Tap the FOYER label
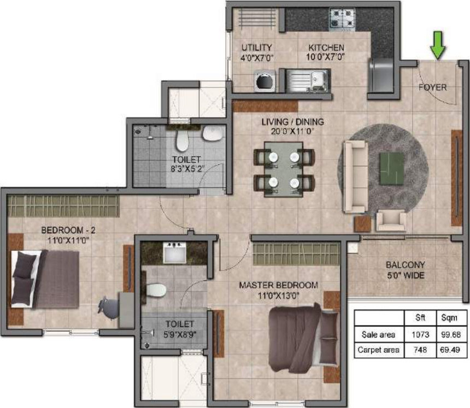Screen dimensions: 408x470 point(432,87)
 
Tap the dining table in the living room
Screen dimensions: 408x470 point(283,169)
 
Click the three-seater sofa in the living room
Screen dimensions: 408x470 point(354,176)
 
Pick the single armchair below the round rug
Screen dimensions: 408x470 point(391,221)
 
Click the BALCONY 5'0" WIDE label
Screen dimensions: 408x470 point(404,270)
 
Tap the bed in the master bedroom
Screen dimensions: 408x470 point(302,338)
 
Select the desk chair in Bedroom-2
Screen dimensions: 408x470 point(109,307)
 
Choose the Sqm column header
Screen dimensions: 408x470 point(451,317)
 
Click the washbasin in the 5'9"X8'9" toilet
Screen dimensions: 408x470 point(174,253)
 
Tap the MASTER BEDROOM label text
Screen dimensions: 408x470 point(278,286)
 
